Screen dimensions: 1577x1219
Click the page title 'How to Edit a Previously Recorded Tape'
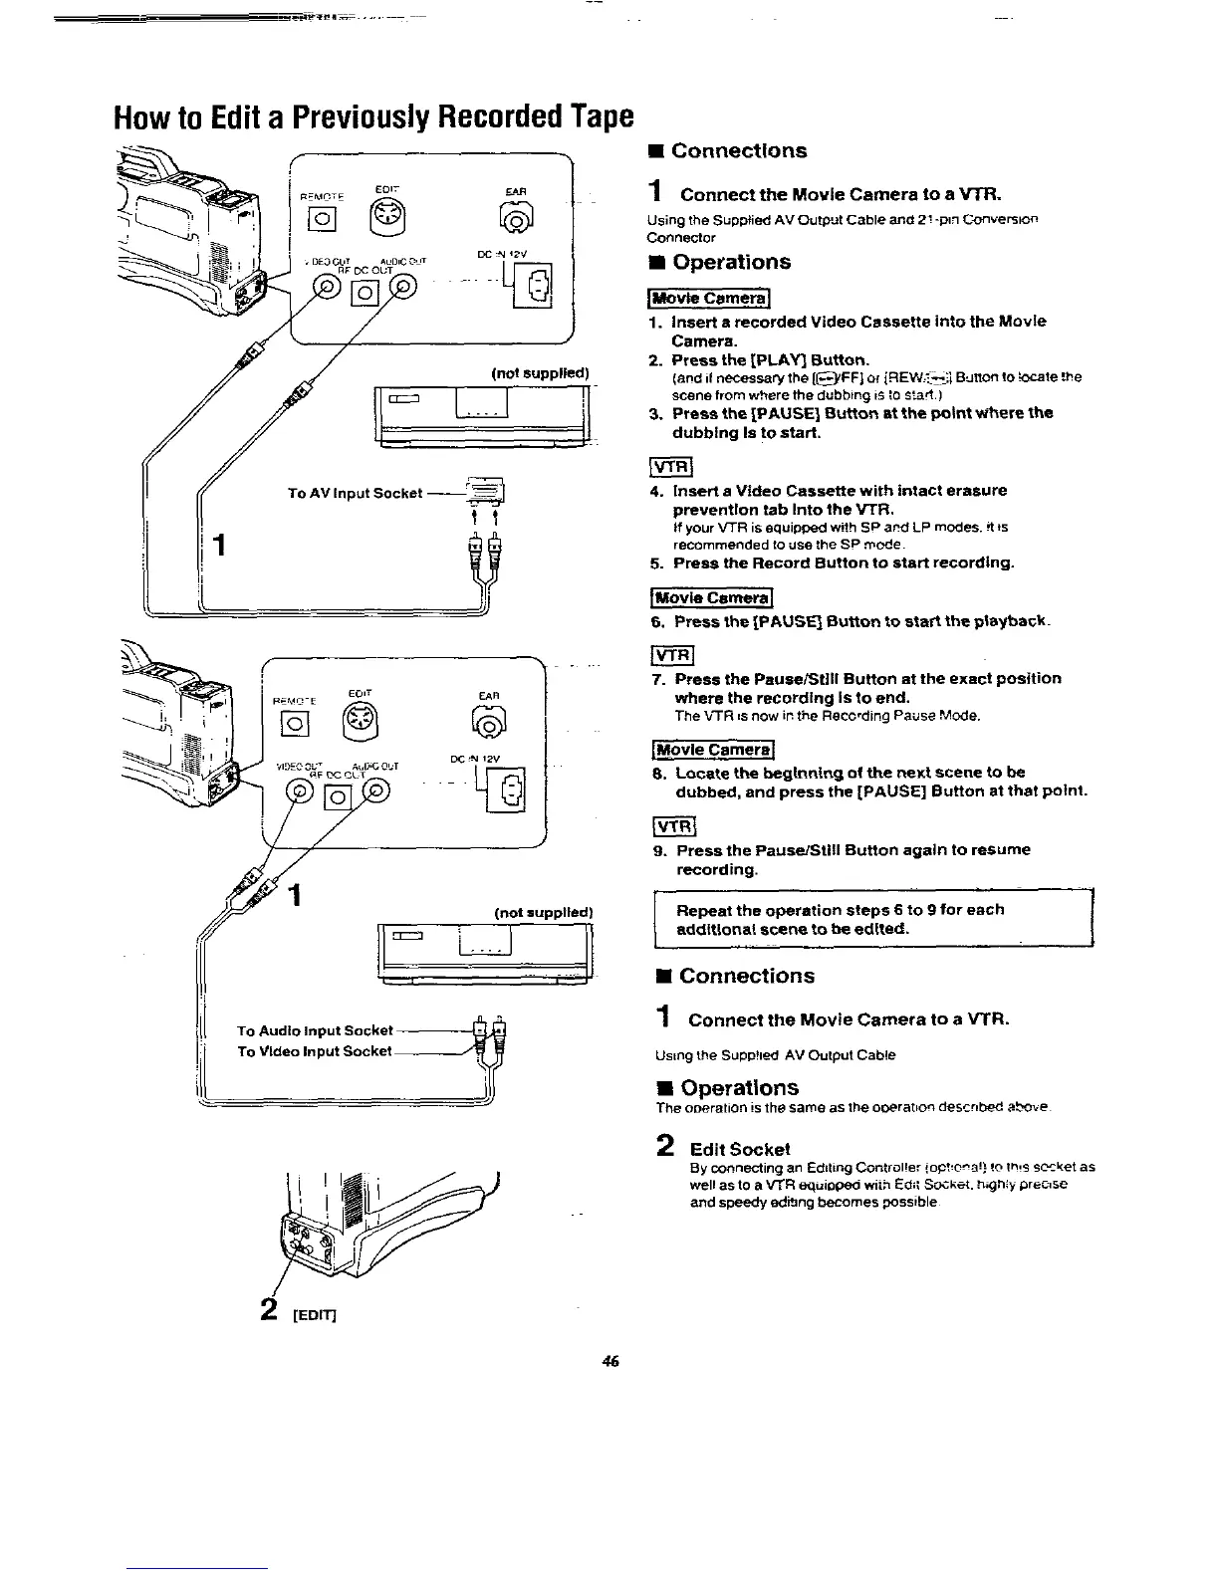372,116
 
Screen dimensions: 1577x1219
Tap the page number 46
610,1361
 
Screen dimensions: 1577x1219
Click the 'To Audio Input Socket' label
315,1030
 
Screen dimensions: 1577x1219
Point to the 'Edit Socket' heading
740,1148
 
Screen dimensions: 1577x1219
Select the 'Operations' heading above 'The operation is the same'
740,1087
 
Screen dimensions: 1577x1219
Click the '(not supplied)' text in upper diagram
540,373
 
